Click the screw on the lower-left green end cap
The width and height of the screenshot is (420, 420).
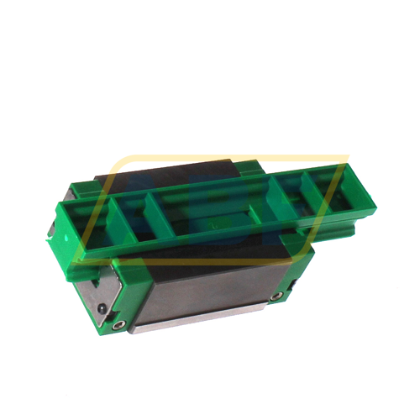[x=118, y=322]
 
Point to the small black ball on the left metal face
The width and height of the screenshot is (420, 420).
[x=99, y=308]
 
